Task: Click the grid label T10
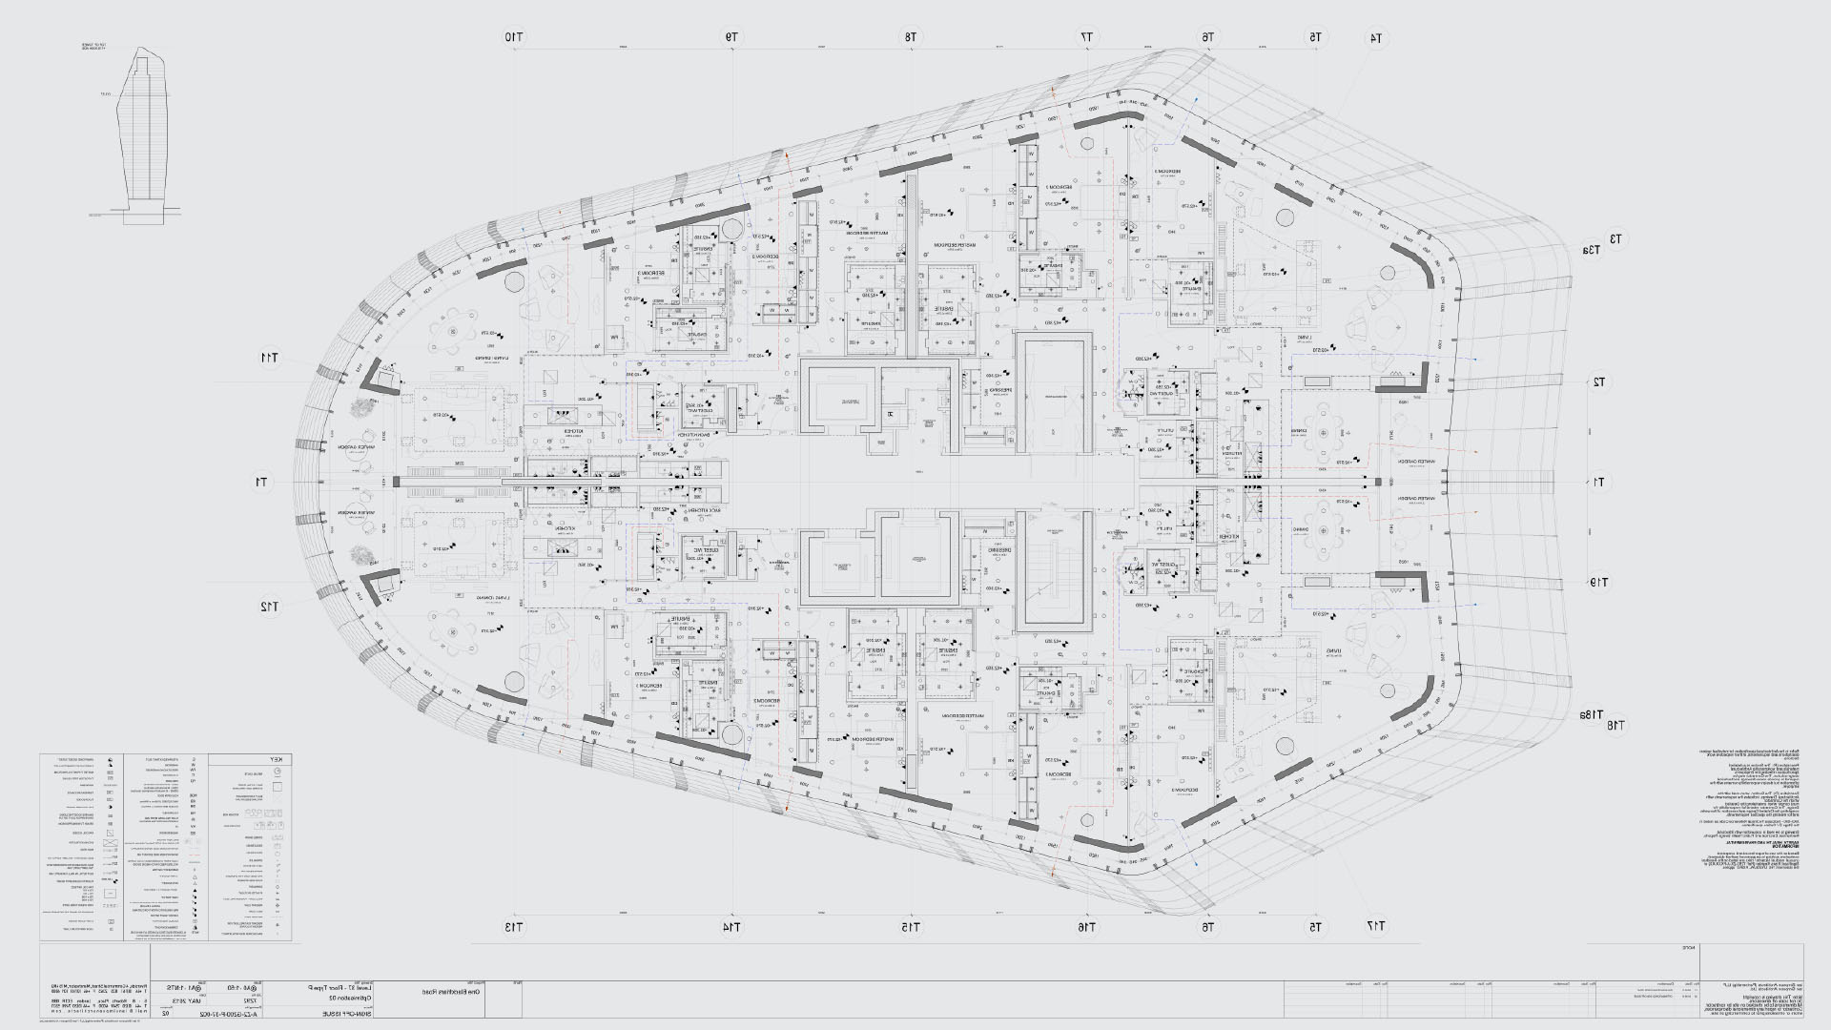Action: coord(515,37)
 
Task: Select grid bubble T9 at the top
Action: coord(731,37)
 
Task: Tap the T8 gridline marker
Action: coord(911,37)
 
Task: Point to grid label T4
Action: coord(1376,39)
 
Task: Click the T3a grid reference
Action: coord(1590,251)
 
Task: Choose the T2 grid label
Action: coord(1599,382)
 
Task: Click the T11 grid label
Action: coord(270,359)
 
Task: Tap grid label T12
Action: coord(270,607)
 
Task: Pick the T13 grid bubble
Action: coord(515,927)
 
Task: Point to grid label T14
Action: coord(731,927)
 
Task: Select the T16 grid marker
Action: coord(1087,927)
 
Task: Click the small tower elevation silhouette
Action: coord(139,138)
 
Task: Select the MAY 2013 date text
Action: coord(223,1001)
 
